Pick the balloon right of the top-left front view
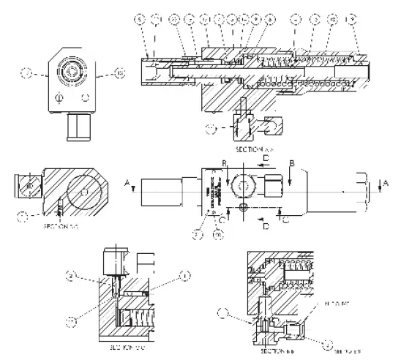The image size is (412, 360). point(121,72)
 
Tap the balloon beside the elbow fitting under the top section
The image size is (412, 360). point(213,130)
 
